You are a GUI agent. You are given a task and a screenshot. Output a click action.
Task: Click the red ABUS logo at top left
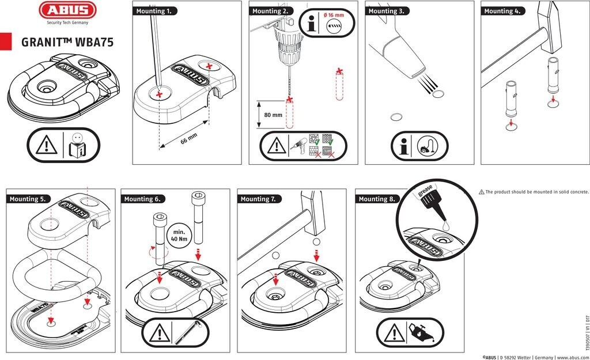[67, 10]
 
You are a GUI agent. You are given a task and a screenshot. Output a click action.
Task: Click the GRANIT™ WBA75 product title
[67, 42]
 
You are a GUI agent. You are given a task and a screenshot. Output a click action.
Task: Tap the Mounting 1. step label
[154, 11]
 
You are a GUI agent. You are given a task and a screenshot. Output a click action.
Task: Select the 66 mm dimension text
[189, 138]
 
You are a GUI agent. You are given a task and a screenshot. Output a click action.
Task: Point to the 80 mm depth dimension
[273, 115]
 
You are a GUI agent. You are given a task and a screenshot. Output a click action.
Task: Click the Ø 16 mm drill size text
[334, 15]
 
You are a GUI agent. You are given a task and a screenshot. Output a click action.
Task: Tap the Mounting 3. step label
[387, 11]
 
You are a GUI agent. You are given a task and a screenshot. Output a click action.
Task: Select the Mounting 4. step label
[502, 11]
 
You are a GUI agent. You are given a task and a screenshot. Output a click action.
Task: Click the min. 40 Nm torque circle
[179, 236]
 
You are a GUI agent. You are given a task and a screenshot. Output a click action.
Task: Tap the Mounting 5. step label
[28, 199]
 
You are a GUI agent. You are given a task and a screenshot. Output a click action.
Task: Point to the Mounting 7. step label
[259, 199]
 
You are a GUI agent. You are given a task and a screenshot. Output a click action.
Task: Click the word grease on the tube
[426, 191]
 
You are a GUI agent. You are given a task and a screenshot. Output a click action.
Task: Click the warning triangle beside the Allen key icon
[159, 334]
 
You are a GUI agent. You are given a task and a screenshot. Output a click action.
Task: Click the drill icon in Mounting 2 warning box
[298, 145]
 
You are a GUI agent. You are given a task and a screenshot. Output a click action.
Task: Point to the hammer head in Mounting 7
[313, 212]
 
